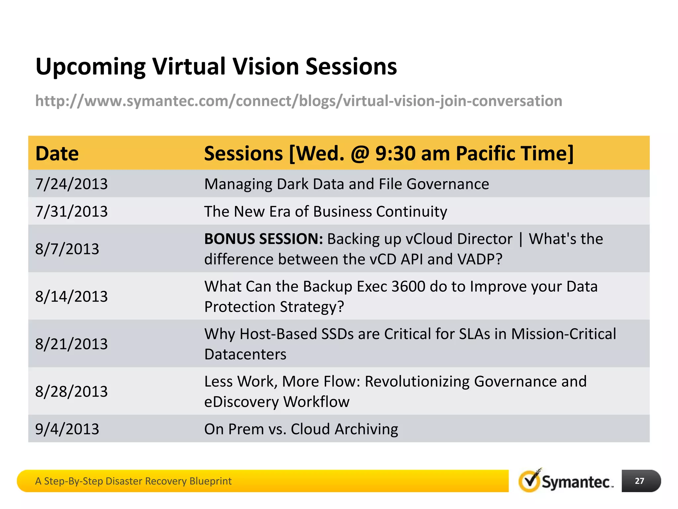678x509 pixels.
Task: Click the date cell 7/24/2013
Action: pos(72,184)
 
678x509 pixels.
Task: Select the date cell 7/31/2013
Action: pos(72,211)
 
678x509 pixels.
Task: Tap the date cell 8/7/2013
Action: pos(67,249)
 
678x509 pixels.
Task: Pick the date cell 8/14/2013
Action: pos(72,296)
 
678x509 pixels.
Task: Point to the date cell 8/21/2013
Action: pos(72,344)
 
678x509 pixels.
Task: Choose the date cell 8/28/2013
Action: pos(72,391)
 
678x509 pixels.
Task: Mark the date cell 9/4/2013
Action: pos(67,429)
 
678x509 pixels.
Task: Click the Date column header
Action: pos(57,153)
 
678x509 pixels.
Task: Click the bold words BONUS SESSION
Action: pos(264,239)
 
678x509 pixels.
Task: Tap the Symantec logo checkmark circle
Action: pos(529,481)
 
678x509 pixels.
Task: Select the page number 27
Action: pos(639,481)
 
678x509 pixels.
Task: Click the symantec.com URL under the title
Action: pos(299,101)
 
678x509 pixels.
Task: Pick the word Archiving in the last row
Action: pos(366,429)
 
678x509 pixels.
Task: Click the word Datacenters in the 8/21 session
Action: pos(245,354)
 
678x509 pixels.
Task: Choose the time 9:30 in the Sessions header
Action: pos(395,153)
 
